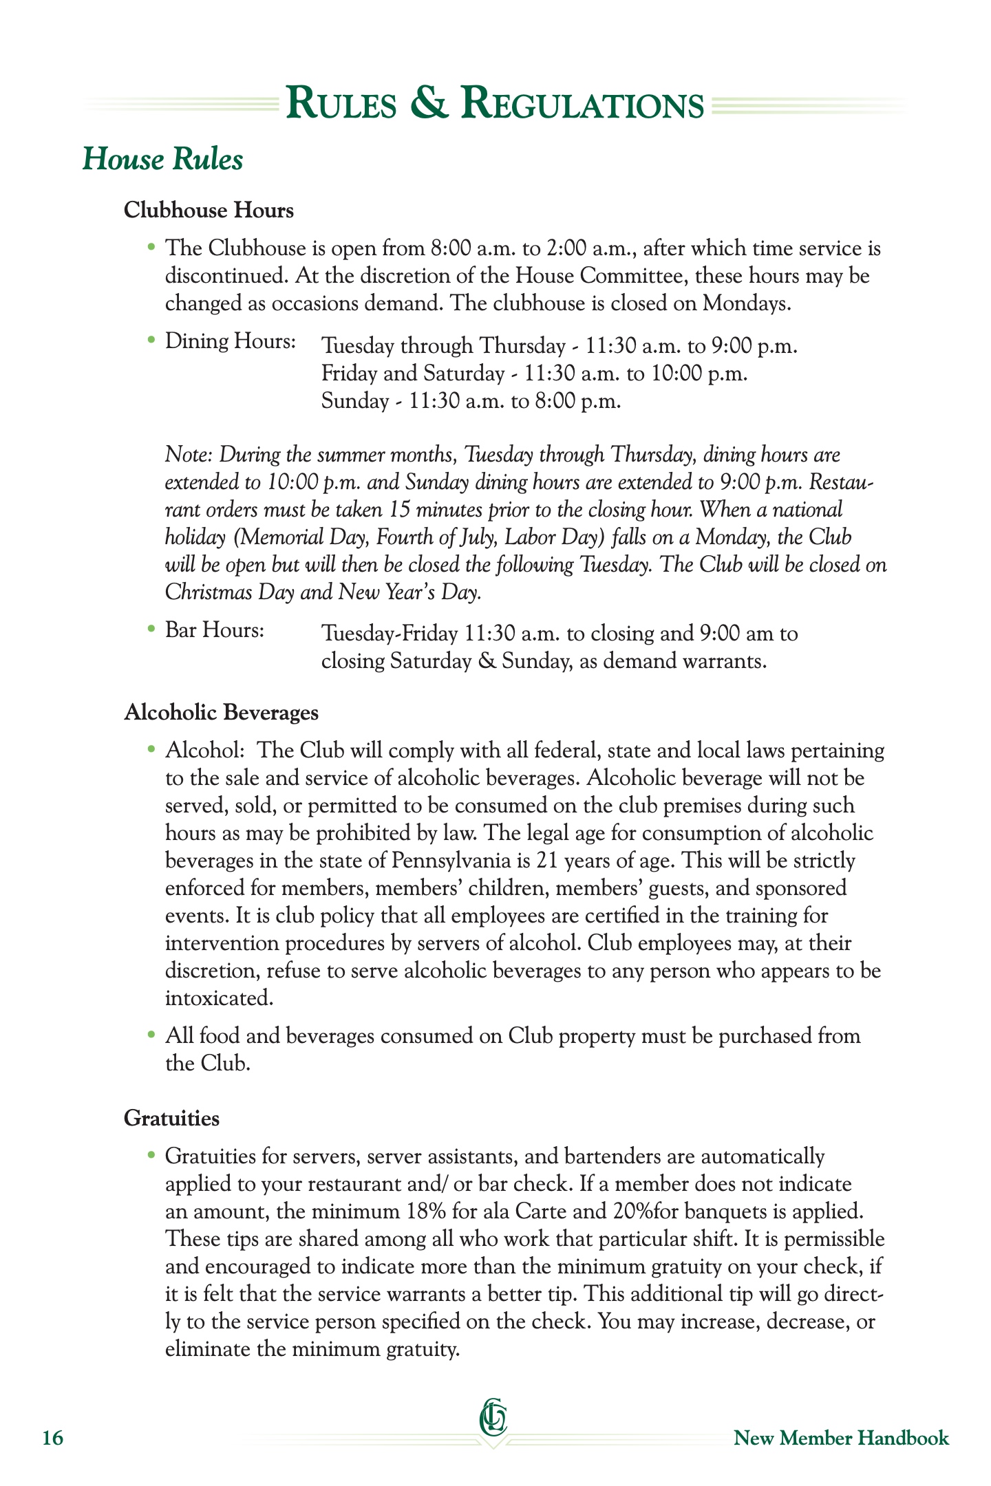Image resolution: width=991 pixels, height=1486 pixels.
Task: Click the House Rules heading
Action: pyautogui.click(x=162, y=159)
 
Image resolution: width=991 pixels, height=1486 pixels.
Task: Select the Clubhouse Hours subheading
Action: pyautogui.click(x=209, y=211)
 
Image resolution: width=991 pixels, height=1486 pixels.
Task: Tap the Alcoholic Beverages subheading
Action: pyautogui.click(x=221, y=713)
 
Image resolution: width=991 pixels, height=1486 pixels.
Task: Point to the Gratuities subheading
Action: pyautogui.click(x=171, y=1119)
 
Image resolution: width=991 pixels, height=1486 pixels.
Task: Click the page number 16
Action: pyautogui.click(x=52, y=1439)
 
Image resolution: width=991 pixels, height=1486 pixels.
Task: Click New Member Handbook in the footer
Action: pyautogui.click(x=841, y=1439)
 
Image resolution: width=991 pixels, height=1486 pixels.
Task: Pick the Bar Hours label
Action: pyautogui.click(x=215, y=630)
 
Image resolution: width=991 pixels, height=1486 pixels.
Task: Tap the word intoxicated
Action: pyautogui.click(x=219, y=998)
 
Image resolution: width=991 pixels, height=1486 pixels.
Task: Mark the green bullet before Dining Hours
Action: pyautogui.click(x=151, y=340)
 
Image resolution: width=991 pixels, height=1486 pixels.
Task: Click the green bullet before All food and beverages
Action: pyautogui.click(x=151, y=1035)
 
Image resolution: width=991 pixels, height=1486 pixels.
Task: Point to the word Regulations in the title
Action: pyautogui.click(x=583, y=104)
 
